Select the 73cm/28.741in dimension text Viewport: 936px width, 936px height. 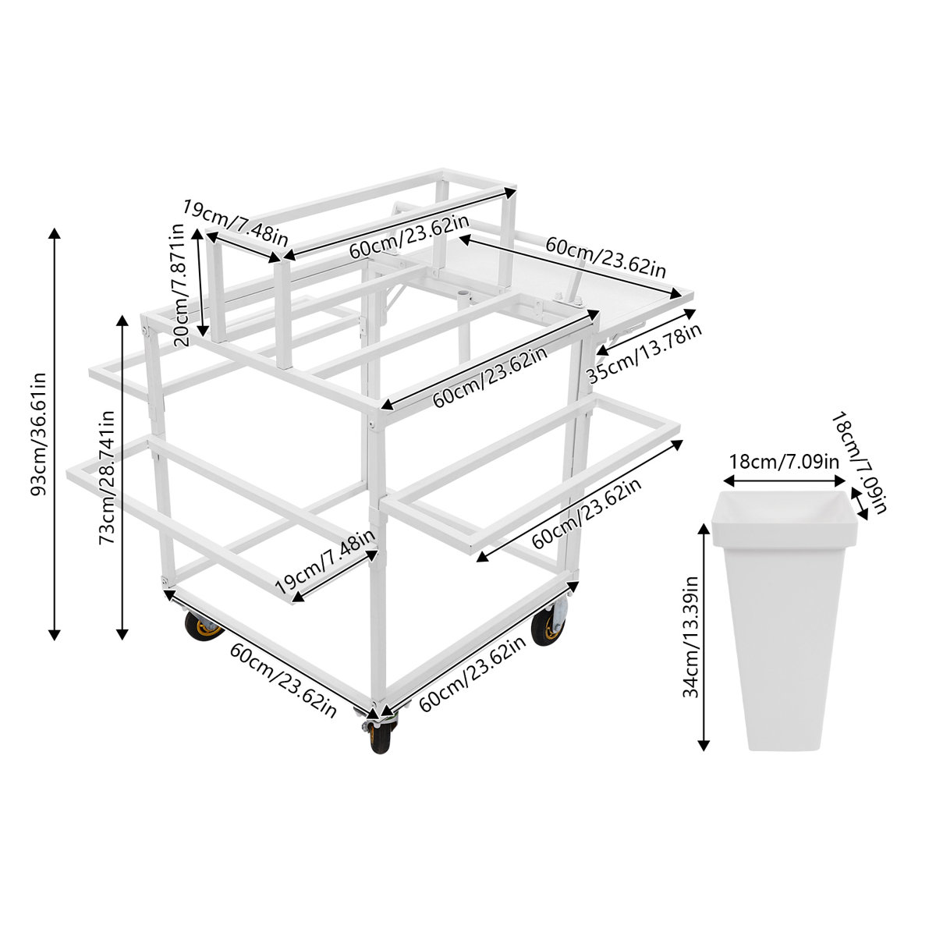pyautogui.click(x=107, y=477)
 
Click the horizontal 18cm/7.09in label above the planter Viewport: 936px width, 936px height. pyautogui.click(x=784, y=460)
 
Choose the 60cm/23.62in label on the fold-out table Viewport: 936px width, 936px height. pyautogui.click(x=604, y=257)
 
